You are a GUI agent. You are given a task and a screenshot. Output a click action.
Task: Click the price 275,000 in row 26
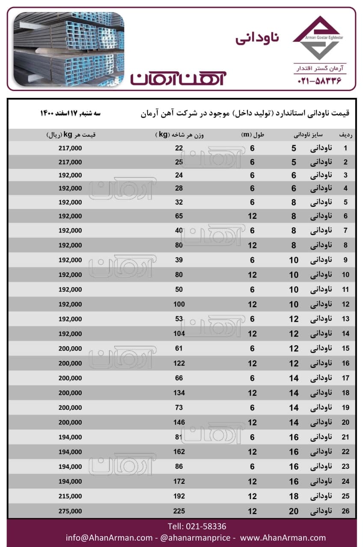pyautogui.click(x=70, y=511)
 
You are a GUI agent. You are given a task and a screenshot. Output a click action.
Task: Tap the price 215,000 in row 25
pyautogui.click(x=70, y=496)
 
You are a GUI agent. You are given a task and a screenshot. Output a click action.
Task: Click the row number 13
pyautogui.click(x=345, y=319)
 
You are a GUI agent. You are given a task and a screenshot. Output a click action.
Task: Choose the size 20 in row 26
pyautogui.click(x=294, y=511)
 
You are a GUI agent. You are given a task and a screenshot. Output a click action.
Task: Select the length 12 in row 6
pyautogui.click(x=253, y=216)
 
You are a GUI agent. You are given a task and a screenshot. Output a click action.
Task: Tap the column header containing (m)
pyautogui.click(x=253, y=135)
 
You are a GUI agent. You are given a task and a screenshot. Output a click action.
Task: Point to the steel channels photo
pyautogui.click(x=69, y=49)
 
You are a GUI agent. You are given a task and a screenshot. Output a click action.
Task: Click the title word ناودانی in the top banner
pyautogui.click(x=257, y=37)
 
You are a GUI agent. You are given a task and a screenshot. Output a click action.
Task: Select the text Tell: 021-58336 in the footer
pyautogui.click(x=197, y=526)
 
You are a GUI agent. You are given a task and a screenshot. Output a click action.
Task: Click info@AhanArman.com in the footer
pyautogui.click(x=109, y=538)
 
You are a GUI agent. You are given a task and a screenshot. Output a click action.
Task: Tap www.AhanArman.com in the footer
pyautogui.click(x=283, y=538)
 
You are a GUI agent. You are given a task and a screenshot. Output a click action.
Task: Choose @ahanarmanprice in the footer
pyautogui.click(x=197, y=538)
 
